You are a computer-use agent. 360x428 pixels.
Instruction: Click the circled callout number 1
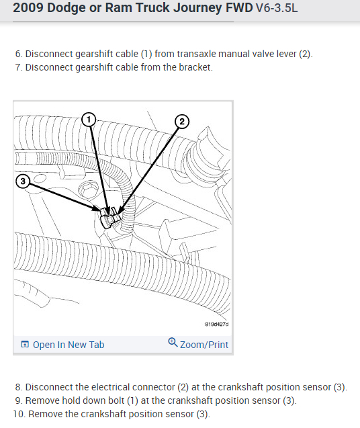tap(89, 120)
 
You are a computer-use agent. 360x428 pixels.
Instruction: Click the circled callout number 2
tap(182, 122)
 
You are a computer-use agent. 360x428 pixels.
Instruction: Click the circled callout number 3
tap(23, 181)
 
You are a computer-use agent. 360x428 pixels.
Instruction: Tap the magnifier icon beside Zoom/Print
tap(173, 342)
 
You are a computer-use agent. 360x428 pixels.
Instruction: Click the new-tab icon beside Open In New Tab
tap(25, 345)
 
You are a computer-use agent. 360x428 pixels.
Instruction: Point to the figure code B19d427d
tap(217, 325)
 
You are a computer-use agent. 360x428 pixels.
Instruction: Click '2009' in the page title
tap(28, 7)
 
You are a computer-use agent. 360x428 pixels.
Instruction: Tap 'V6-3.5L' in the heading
tap(277, 8)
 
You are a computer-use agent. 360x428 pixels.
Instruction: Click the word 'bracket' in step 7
tap(195, 67)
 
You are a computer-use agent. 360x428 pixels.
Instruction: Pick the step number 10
tap(19, 414)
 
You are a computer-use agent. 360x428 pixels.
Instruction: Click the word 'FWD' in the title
tap(239, 7)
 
